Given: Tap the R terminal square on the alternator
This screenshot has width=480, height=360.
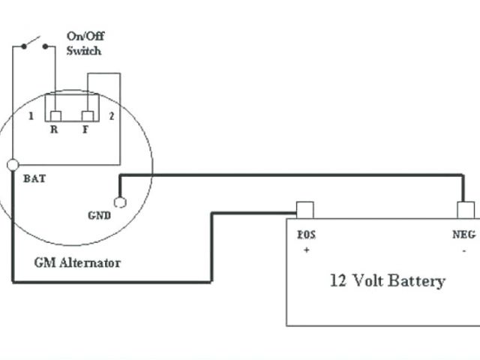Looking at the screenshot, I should click(55, 116).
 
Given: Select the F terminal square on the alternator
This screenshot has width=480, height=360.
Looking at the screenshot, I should click(88, 116).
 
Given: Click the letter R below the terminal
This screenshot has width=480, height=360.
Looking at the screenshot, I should click(54, 129).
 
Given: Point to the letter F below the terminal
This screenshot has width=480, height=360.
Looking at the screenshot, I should click(87, 129).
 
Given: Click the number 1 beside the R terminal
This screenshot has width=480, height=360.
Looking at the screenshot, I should click(31, 116).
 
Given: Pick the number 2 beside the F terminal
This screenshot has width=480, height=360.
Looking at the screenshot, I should click(111, 116).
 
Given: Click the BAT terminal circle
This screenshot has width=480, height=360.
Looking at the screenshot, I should click(13, 164).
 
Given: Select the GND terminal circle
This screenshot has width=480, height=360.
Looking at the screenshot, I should click(119, 201).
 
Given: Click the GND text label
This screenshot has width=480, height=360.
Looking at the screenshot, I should click(99, 215).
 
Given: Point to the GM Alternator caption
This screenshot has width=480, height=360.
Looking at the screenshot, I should click(77, 263).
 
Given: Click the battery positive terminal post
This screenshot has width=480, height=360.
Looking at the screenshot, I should click(304, 209).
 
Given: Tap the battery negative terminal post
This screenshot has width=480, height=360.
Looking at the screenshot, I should click(465, 209).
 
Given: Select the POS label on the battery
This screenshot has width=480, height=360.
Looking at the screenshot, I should click(306, 235).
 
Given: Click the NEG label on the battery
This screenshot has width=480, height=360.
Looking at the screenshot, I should click(463, 235).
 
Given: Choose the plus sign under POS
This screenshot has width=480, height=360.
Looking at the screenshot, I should click(306, 250).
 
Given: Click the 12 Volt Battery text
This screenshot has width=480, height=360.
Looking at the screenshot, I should click(387, 281).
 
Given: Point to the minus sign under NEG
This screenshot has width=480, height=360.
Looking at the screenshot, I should click(464, 250).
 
